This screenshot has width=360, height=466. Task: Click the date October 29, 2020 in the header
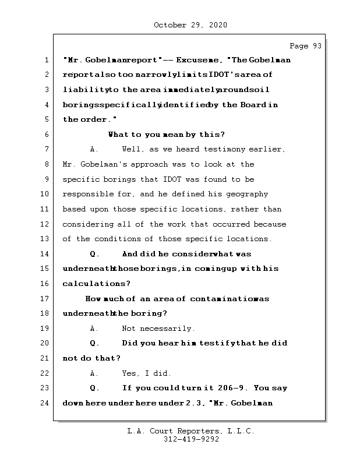[x=190, y=25]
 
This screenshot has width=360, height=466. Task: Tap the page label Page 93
[x=305, y=46]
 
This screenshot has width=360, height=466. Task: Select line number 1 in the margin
[x=45, y=60]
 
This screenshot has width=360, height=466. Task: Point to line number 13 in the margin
[x=45, y=239]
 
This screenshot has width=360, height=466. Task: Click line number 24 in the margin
[x=45, y=403]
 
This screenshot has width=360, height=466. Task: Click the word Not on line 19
[x=129, y=329]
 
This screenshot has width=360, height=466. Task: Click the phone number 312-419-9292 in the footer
[x=191, y=440]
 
